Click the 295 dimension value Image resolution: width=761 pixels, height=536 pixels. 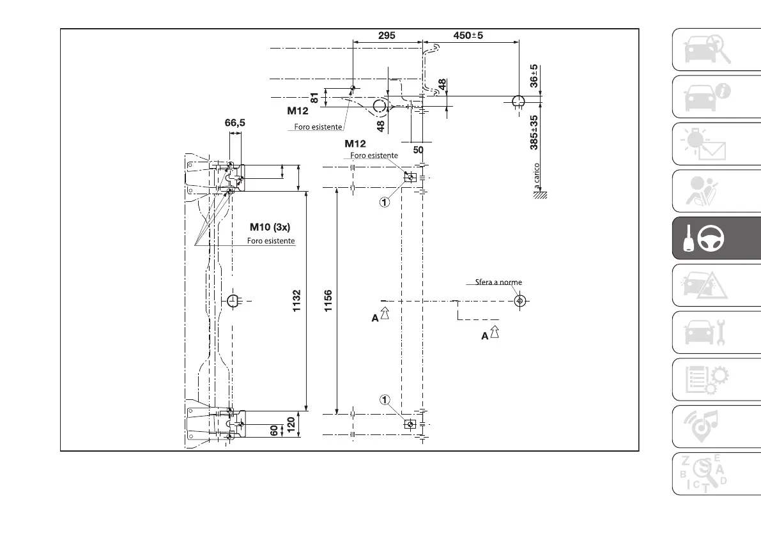coord(386,36)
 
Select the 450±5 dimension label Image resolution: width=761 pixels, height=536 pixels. coord(468,36)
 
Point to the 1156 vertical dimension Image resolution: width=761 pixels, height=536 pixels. coord(328,302)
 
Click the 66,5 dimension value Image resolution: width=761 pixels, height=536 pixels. coord(234,123)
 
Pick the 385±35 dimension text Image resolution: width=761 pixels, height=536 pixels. coord(534,132)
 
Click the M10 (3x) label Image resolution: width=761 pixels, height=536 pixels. coord(270,227)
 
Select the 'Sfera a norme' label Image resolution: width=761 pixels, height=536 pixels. coord(498,282)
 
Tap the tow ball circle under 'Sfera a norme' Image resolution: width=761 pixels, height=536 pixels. coord(519,300)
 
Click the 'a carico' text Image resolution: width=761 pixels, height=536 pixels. coord(537,175)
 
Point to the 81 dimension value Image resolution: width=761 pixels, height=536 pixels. coord(314,98)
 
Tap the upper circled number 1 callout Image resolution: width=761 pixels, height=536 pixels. coord(384,202)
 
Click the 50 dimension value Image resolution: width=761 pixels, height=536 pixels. coord(419,149)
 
